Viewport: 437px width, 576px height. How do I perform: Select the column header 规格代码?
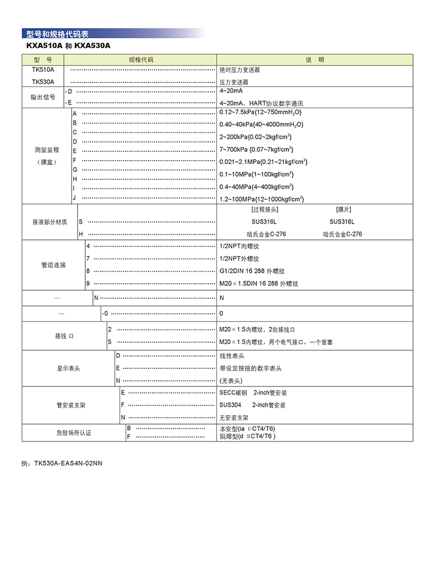(x=141, y=60)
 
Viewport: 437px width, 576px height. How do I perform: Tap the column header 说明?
(x=315, y=60)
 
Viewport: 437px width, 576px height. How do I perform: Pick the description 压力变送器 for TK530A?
(x=234, y=82)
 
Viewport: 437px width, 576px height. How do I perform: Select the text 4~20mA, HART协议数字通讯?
(x=261, y=103)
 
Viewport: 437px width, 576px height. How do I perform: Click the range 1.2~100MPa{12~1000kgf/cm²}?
(x=261, y=199)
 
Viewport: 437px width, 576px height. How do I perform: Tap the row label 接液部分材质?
(x=50, y=222)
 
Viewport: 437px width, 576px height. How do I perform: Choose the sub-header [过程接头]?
(x=265, y=209)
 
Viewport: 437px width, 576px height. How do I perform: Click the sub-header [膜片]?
(x=344, y=209)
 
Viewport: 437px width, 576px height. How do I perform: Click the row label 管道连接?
(x=54, y=265)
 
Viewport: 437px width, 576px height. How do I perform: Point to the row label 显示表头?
(x=68, y=368)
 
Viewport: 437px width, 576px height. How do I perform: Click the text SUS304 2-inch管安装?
(x=252, y=405)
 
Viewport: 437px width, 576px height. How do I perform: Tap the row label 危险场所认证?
(x=74, y=433)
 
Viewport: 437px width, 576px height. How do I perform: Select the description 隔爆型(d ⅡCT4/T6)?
(x=247, y=437)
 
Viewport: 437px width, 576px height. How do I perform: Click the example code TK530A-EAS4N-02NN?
(x=62, y=463)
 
